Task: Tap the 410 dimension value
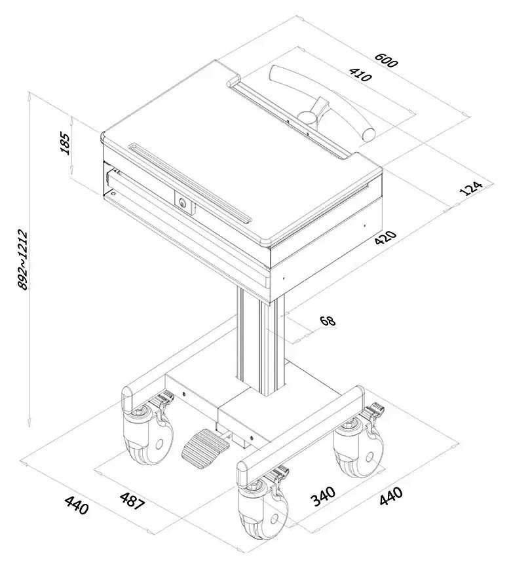[x=360, y=75]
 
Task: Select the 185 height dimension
[x=65, y=142]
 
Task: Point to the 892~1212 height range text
[x=22, y=259]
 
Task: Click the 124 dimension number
[x=471, y=188]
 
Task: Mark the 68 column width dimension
[x=327, y=321]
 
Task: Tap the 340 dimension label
[x=323, y=496]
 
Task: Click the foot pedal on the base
[x=204, y=447]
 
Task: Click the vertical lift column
[x=261, y=341]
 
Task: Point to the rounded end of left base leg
[x=128, y=397]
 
